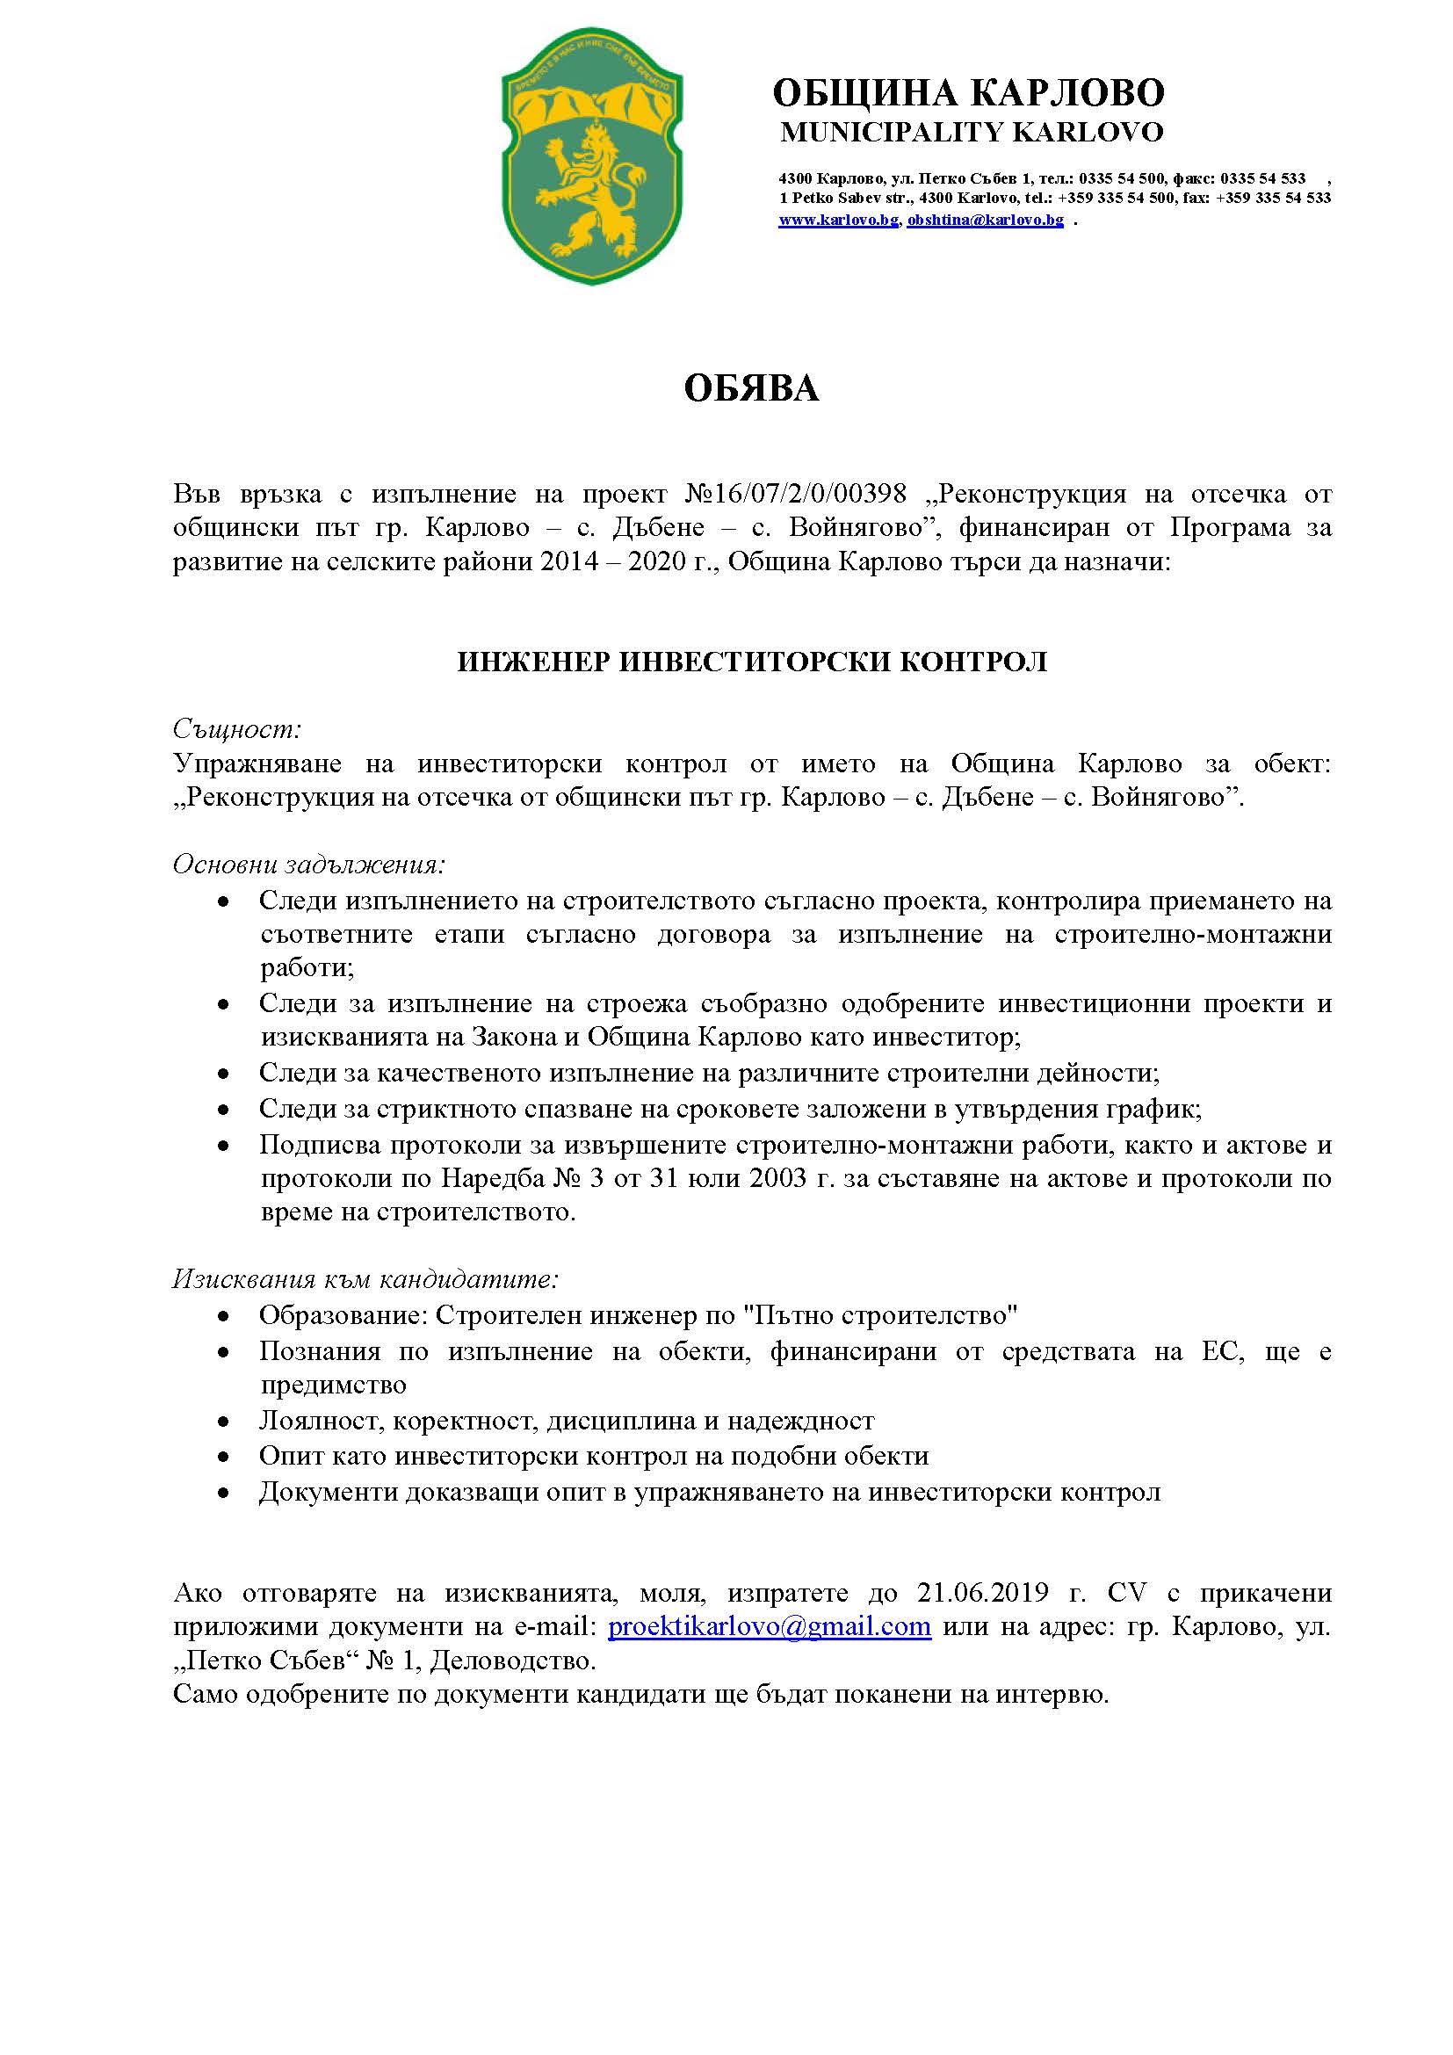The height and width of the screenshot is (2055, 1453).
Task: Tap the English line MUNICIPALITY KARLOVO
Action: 972,133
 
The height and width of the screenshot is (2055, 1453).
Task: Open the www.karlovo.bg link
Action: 837,221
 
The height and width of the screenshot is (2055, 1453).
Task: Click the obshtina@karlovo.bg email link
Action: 985,221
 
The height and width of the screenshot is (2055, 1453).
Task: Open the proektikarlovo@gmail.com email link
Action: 770,1625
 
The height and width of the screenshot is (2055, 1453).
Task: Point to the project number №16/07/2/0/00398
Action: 795,493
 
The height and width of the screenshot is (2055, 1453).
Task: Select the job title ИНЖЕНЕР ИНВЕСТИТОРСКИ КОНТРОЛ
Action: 752,662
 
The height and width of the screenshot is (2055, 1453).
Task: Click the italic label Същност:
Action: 237,728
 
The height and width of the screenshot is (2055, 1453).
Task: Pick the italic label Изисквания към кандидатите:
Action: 365,1279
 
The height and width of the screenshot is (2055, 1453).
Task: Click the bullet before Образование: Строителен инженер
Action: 224,1316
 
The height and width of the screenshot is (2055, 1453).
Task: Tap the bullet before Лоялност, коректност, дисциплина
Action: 224,1421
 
